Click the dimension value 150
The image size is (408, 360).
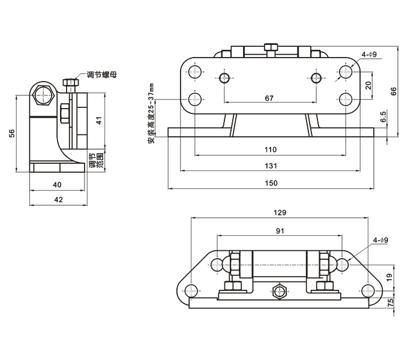[x=271, y=183]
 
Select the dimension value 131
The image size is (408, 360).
[x=271, y=166]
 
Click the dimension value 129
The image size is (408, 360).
[x=279, y=212]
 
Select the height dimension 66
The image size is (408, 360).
[x=394, y=91]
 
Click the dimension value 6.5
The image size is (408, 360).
[x=383, y=116]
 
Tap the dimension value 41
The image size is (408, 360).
[x=100, y=120]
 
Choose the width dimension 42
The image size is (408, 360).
[x=58, y=199]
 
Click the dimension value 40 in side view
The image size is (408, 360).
[x=58, y=185]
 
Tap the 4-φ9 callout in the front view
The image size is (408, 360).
[x=368, y=55]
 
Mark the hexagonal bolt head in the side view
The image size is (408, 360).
[x=44, y=95]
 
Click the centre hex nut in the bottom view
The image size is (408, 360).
[x=278, y=292]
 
